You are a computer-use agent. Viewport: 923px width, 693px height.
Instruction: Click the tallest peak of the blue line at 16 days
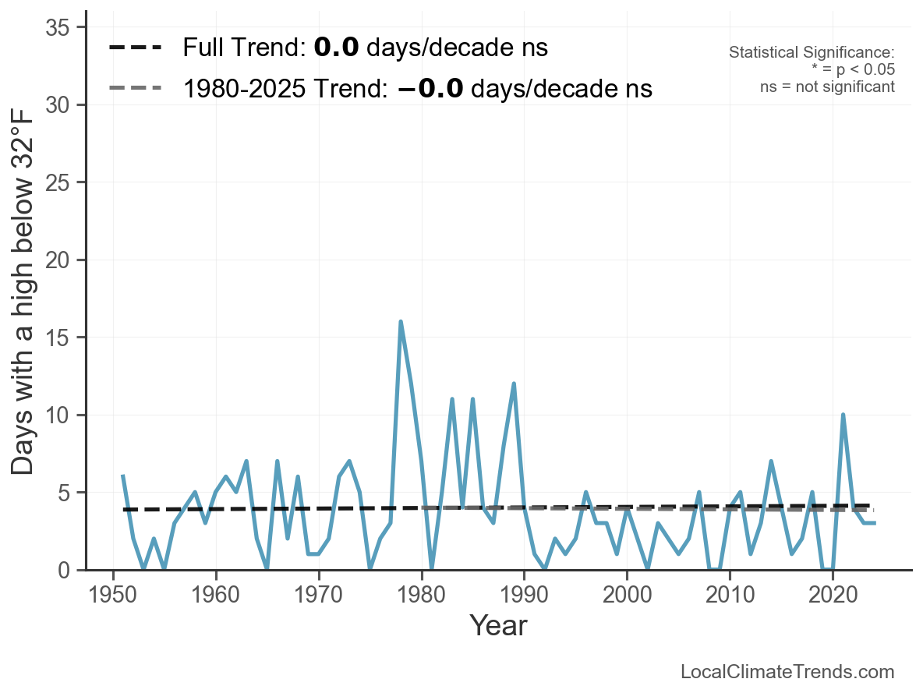[401, 322]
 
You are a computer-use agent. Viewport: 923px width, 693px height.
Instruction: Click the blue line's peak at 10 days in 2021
[843, 415]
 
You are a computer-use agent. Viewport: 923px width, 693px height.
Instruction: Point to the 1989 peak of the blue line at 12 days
[514, 384]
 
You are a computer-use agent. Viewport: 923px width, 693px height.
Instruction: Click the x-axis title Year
[498, 625]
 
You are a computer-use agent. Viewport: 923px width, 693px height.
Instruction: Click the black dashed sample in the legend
[135, 48]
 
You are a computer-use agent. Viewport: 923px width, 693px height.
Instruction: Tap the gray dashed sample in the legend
[135, 88]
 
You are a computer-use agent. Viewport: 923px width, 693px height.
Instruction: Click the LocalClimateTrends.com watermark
[787, 672]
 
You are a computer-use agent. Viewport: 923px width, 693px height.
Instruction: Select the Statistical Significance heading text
[812, 52]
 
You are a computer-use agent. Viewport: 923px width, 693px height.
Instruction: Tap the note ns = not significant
[827, 87]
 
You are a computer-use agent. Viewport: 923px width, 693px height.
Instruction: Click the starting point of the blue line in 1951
[123, 476]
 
